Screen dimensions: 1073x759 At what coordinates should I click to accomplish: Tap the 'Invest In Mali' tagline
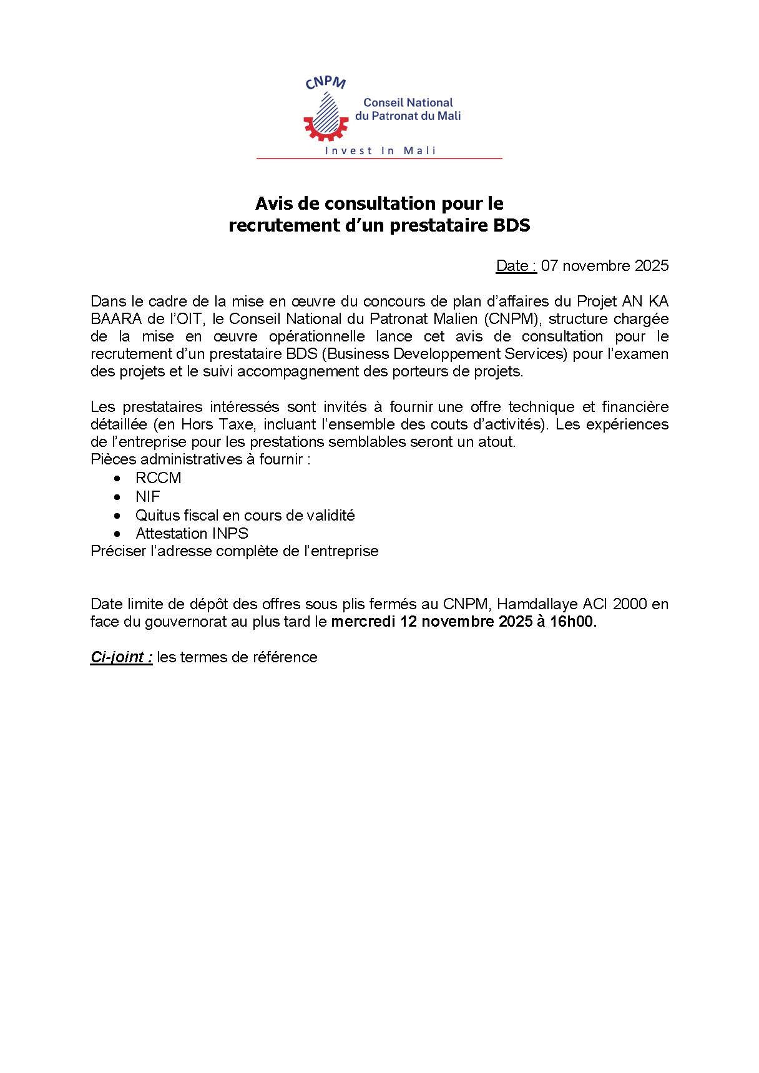pos(381,150)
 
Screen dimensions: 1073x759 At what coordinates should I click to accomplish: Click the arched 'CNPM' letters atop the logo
pos(325,83)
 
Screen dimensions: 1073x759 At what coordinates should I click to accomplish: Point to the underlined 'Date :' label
pos(516,266)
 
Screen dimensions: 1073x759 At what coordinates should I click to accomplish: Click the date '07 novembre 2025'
pos(605,266)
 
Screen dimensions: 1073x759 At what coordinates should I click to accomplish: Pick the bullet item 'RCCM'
pos(159,478)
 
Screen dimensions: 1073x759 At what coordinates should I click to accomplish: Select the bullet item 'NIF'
pos(148,497)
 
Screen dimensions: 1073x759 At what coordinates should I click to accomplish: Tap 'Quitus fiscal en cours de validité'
pos(245,516)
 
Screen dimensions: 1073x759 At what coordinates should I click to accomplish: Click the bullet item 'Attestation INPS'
pos(192,534)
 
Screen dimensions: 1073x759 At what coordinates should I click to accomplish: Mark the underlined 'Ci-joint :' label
pos(122,657)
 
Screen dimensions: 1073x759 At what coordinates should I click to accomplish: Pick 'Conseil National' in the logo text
pos(408,102)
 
